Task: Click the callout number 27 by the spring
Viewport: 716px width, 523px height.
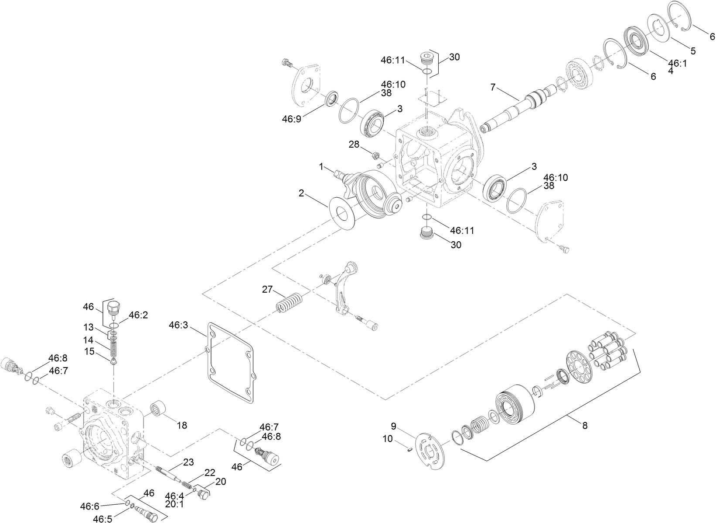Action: (x=267, y=289)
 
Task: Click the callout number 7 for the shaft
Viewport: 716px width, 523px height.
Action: (x=493, y=88)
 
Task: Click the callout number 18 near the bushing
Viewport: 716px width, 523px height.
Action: (x=182, y=425)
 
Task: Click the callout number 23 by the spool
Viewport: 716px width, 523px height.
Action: (x=188, y=462)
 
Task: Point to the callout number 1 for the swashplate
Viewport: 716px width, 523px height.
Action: (x=321, y=166)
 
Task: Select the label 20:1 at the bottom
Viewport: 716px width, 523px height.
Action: (x=175, y=504)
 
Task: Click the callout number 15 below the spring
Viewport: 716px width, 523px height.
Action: (x=90, y=351)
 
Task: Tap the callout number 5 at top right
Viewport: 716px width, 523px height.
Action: (x=692, y=51)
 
